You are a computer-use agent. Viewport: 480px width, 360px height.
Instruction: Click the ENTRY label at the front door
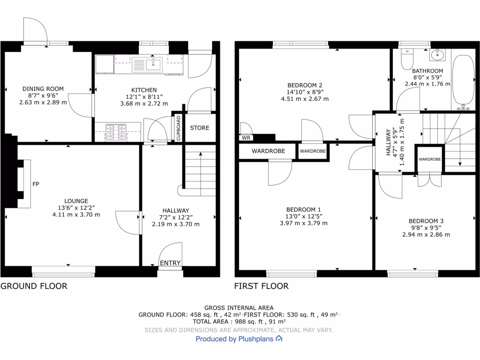pos(170,263)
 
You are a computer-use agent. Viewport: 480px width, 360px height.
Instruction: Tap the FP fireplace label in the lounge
pos(36,184)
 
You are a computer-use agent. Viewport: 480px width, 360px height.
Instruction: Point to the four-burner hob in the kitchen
pos(116,132)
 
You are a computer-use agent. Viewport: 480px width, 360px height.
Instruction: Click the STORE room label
pos(200,128)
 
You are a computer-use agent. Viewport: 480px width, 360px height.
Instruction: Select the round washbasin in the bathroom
pos(439,55)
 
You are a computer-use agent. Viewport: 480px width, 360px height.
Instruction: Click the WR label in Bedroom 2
pos(246,138)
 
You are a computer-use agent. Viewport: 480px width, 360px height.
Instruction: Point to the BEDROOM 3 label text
pos(426,221)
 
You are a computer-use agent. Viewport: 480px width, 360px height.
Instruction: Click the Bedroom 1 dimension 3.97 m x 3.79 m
pos(304,223)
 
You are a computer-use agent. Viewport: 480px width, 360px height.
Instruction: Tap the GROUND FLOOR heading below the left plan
pos(34,286)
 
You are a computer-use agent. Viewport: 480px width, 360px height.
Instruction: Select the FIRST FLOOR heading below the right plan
pos(262,286)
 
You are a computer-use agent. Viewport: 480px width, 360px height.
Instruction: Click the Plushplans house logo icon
pos(279,338)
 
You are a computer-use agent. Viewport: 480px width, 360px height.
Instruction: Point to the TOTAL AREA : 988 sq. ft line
pos(239,322)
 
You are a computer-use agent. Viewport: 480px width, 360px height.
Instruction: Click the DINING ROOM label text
pos(43,89)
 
